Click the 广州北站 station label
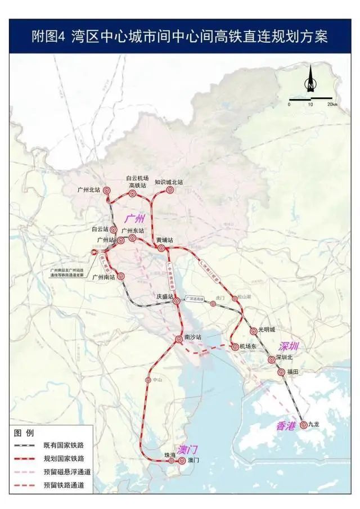tap(89, 190)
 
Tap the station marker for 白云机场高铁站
tap(133, 193)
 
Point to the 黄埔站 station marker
tap(161, 248)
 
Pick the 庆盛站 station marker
tap(175, 303)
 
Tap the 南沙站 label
tap(193, 337)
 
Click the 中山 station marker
tap(148, 380)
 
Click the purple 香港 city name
tap(286, 426)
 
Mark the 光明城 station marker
tap(254, 331)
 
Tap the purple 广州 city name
tap(135, 218)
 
